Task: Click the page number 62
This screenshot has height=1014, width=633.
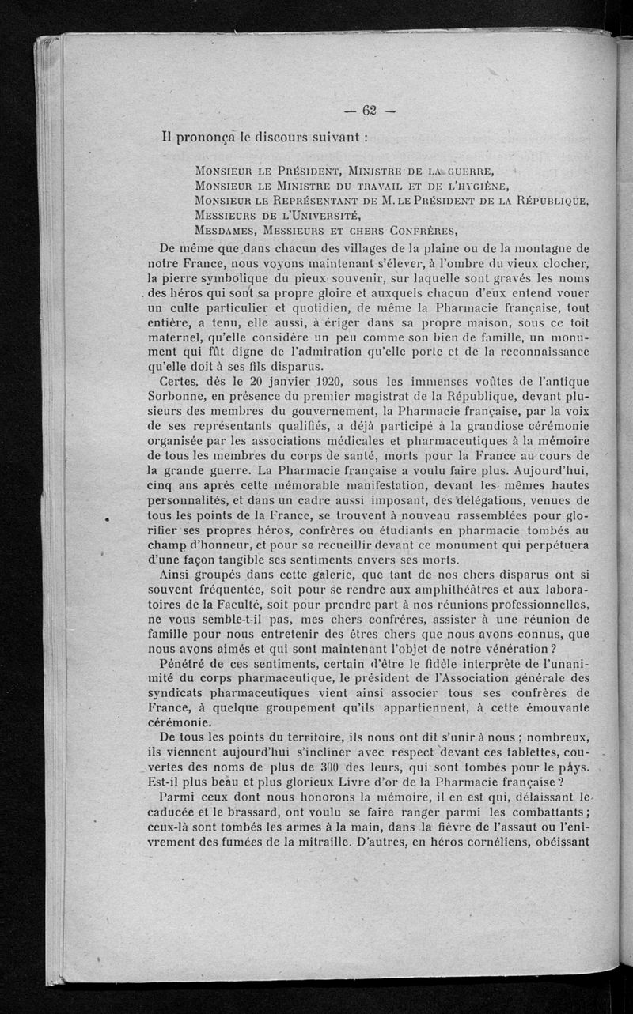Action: click(369, 110)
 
